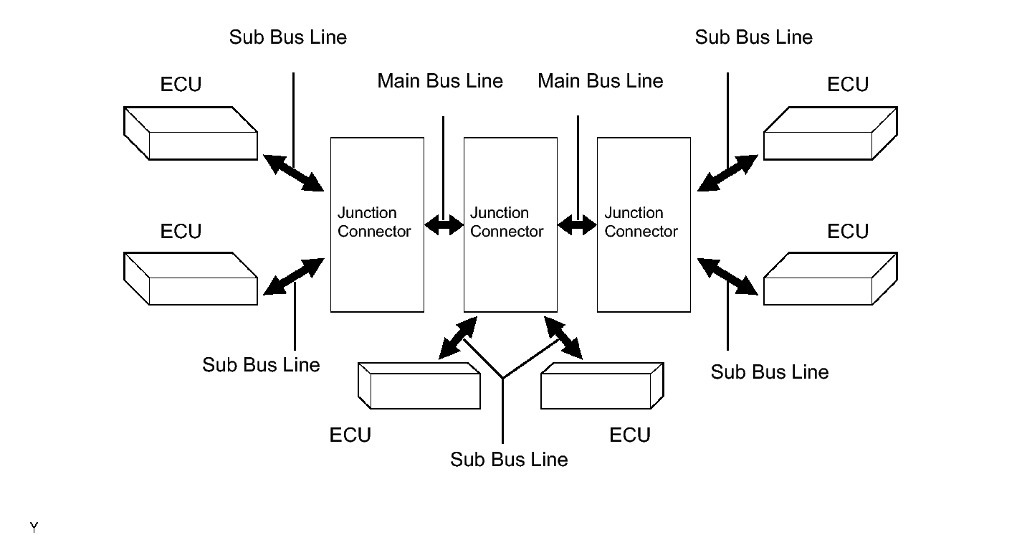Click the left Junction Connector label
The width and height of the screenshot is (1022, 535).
(374, 222)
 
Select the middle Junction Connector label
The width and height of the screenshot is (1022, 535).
(507, 222)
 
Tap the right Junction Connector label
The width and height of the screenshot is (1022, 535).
(641, 222)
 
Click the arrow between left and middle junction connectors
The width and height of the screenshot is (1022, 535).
(444, 226)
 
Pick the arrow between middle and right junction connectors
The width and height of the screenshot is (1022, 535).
(577, 226)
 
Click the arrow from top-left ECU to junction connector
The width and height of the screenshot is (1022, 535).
(293, 172)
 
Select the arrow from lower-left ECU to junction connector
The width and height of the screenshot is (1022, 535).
(294, 277)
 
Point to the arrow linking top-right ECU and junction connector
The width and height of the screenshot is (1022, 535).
(727, 173)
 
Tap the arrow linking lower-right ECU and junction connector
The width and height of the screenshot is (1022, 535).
(727, 277)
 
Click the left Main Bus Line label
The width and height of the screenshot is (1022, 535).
(440, 81)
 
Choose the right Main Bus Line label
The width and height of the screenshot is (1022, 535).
(601, 81)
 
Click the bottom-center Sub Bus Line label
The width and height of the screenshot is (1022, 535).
(509, 459)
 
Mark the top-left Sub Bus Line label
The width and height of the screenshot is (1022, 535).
(288, 37)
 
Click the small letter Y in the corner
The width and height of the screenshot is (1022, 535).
(34, 529)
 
